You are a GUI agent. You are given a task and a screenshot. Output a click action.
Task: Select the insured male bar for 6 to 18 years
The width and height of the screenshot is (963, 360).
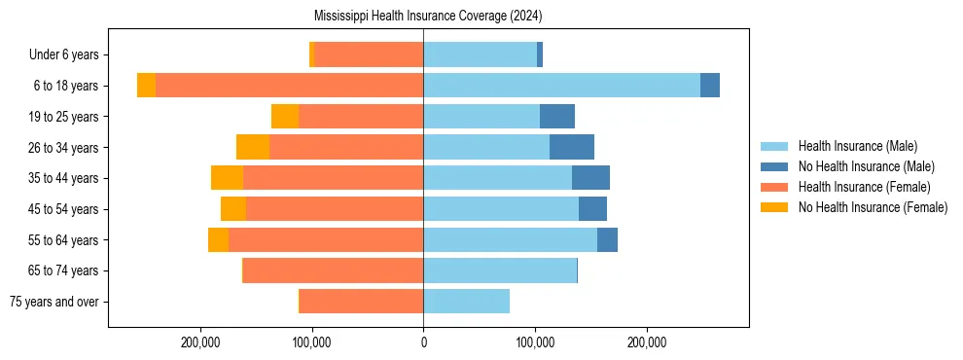[x=561, y=86]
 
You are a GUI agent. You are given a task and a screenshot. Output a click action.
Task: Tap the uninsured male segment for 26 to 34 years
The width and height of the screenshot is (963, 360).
[x=572, y=147]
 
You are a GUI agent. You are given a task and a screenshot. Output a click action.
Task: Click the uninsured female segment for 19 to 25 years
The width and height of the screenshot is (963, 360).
[x=285, y=117]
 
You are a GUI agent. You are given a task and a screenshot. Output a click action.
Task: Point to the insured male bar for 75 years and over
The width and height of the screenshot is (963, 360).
[x=466, y=302]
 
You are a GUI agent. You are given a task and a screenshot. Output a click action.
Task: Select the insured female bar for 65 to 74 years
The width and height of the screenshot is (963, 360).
[x=333, y=270]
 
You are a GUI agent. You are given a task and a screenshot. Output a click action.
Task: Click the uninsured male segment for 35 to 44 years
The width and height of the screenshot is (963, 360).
[x=590, y=178]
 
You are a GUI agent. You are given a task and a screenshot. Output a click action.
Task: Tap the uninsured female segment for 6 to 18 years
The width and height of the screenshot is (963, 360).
[x=146, y=86]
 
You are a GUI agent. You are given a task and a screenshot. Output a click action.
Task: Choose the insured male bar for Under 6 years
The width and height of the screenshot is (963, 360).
[x=480, y=54]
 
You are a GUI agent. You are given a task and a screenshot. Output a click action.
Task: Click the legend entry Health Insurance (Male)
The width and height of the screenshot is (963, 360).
[x=857, y=146]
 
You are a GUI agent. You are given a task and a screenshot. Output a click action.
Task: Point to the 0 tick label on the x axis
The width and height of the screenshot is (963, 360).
[x=423, y=342]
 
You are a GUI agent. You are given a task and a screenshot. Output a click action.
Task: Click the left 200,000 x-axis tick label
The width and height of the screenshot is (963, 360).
[x=200, y=342]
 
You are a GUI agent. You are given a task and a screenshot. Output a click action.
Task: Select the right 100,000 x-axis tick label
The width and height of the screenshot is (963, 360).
[x=535, y=342]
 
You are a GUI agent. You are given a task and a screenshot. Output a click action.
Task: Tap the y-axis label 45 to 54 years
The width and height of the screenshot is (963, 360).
[x=64, y=209]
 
